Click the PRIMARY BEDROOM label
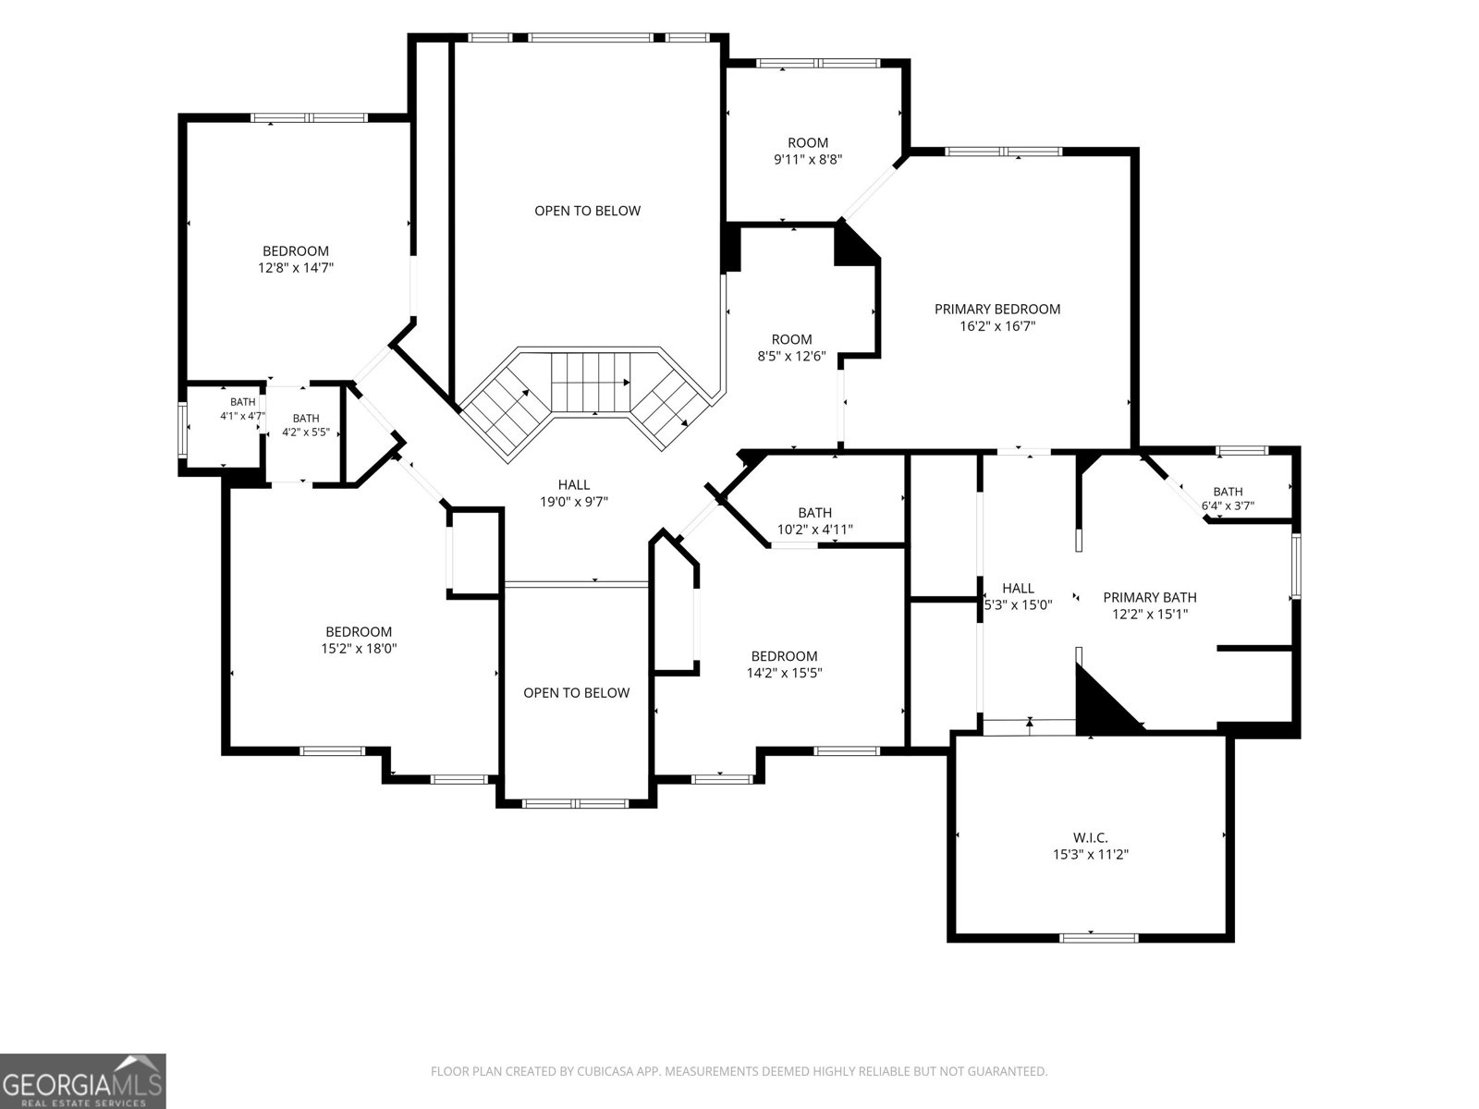(997, 309)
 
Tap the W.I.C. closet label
(1090, 837)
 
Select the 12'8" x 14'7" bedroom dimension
(296, 268)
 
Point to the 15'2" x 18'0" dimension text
(359, 649)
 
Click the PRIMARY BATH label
(1150, 597)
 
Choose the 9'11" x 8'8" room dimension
(808, 160)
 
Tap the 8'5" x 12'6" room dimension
(791, 356)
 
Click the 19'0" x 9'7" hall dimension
(574, 502)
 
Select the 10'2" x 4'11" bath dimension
(814, 530)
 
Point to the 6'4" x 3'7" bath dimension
(1228, 506)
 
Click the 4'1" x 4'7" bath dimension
(242, 416)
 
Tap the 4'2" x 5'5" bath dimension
(306, 433)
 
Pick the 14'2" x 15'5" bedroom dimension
(784, 673)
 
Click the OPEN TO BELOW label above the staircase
(588, 211)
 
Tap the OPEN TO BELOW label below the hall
(577, 693)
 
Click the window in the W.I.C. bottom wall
(1099, 938)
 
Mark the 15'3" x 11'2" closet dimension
(1091, 855)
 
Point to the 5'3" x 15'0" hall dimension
(1018, 604)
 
